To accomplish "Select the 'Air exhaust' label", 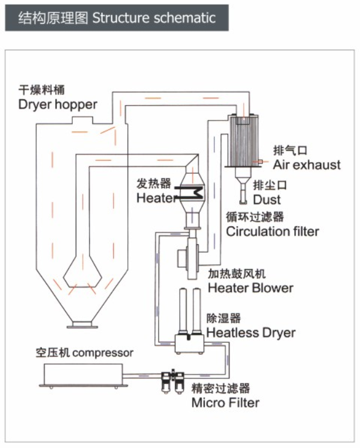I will click(307, 164).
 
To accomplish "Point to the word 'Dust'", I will click(267, 200).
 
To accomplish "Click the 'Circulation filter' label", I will click(272, 231).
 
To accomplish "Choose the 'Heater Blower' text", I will click(251, 288).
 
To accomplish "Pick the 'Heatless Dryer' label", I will click(251, 333).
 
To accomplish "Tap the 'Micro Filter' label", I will click(226, 403).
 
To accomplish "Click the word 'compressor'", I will click(103, 353).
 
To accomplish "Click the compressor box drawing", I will click(82, 375).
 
